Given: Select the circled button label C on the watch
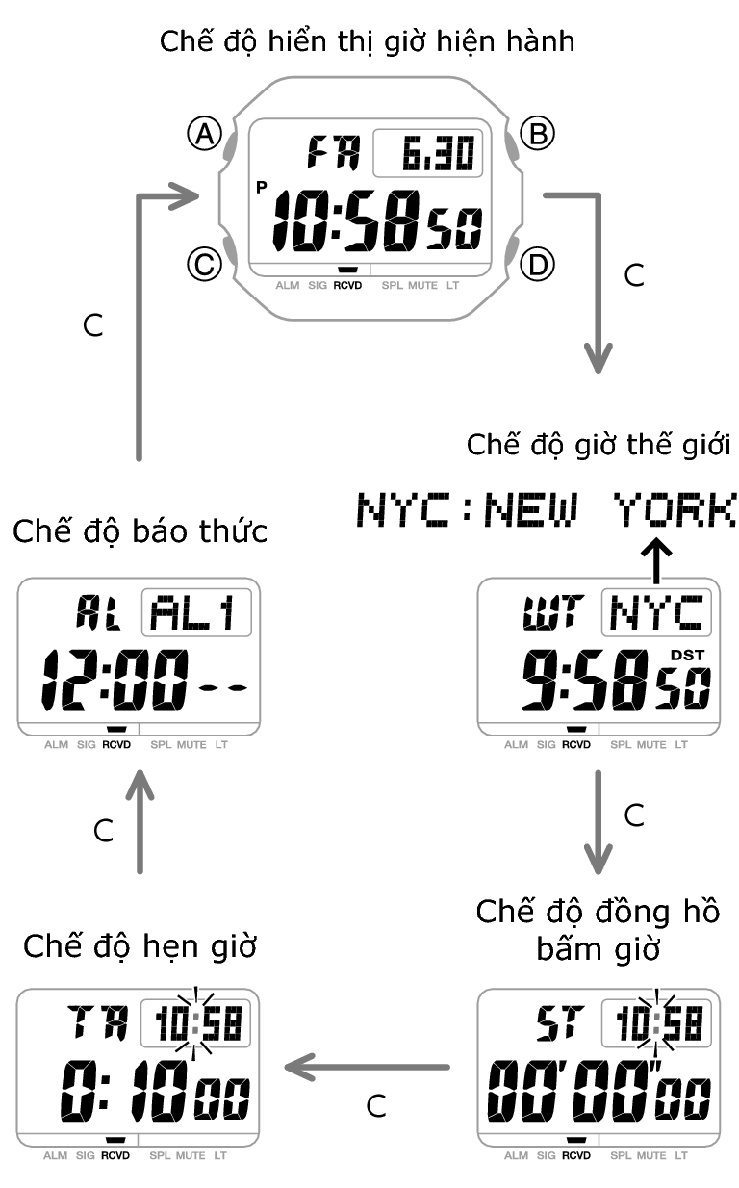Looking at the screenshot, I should point(204,263).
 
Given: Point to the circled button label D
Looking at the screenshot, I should point(537,263).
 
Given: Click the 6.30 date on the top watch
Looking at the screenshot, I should point(428,153).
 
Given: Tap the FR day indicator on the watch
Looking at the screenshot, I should point(333,152).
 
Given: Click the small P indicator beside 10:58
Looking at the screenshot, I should point(262,188).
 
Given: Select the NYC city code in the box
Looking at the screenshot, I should point(656,612).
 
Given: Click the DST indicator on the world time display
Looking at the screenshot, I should point(688,655).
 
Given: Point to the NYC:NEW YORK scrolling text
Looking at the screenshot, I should point(547,508).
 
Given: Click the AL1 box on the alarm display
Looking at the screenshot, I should point(196,612).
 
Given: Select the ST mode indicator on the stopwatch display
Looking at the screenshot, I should point(556,1023).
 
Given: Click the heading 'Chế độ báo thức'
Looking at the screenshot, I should point(140,531).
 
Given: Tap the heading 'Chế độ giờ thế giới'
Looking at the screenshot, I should point(598,446).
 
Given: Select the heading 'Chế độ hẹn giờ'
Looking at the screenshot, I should point(140,945).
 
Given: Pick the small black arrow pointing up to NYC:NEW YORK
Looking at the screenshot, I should point(657,561).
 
